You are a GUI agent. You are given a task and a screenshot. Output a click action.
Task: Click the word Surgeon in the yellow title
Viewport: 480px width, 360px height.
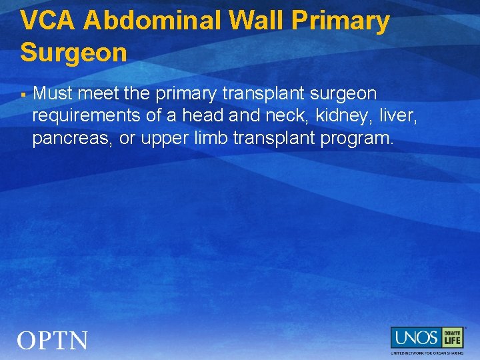coord(73,52)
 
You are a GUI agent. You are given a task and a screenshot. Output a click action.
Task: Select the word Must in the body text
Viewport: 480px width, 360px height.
coord(52,93)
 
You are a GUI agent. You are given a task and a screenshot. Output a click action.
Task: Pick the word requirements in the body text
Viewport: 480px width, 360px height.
coord(86,117)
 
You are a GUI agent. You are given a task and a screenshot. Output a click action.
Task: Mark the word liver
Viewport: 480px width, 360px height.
coord(397,117)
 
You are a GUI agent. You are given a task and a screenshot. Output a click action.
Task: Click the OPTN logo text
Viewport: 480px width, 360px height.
coord(53,341)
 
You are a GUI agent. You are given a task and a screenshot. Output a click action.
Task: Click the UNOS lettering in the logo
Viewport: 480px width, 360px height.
coord(415,338)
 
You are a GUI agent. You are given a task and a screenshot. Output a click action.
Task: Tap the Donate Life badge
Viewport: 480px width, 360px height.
coord(452,338)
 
